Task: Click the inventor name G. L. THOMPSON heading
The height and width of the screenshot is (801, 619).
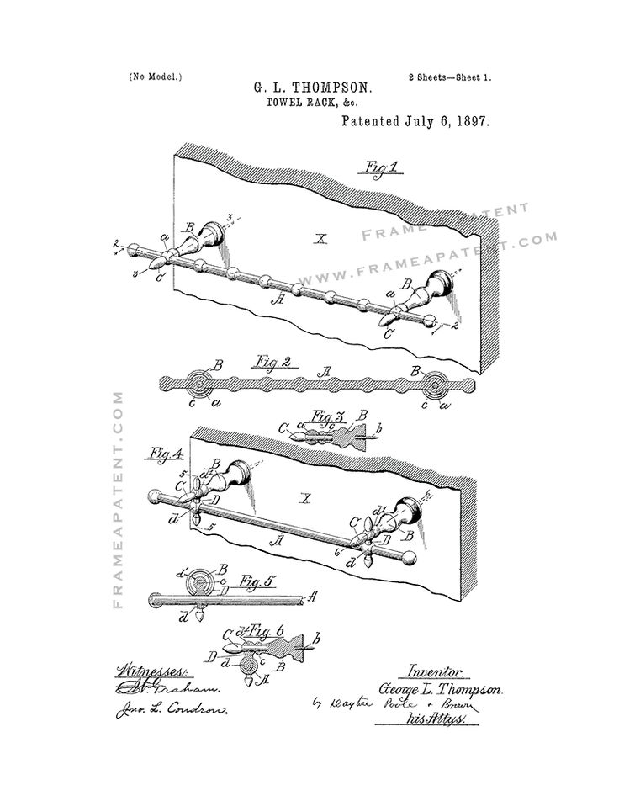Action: point(309,87)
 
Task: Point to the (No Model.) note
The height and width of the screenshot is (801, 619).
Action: point(156,76)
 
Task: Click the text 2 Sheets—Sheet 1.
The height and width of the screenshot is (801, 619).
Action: point(450,77)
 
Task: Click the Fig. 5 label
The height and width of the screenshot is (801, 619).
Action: point(249,580)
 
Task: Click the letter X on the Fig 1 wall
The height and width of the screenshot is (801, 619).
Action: point(320,239)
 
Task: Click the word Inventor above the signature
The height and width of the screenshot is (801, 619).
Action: point(435,671)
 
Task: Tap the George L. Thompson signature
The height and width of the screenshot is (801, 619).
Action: point(442,688)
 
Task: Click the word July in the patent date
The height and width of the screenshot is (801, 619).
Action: point(421,121)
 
